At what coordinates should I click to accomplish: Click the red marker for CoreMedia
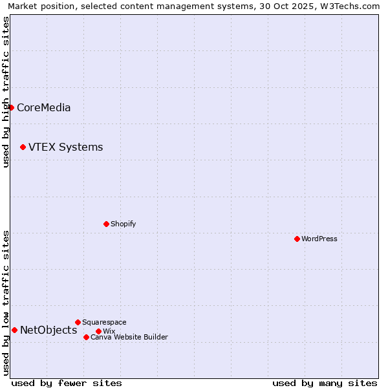[x=11, y=107]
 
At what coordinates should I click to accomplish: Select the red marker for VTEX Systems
[x=23, y=147]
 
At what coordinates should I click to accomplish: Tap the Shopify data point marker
[x=106, y=224]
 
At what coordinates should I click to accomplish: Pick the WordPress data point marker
[x=297, y=239]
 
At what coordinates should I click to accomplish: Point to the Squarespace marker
[x=78, y=322]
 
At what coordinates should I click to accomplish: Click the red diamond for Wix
[x=98, y=331]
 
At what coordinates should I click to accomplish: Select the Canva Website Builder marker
[x=86, y=337]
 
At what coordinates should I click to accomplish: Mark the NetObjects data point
[x=14, y=330]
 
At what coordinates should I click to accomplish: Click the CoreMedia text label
[x=43, y=108]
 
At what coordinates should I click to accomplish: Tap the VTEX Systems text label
[x=65, y=147]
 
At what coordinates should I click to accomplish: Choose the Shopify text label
[x=123, y=224]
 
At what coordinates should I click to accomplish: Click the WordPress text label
[x=319, y=239]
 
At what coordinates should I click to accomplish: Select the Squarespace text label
[x=104, y=322]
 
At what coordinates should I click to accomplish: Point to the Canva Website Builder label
[x=129, y=337]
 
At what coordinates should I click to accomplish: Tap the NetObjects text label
[x=48, y=330]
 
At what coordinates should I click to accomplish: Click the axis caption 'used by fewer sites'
[x=67, y=383]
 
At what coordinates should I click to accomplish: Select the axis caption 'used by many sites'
[x=325, y=383]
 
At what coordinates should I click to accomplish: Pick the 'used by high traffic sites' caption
[x=6, y=92]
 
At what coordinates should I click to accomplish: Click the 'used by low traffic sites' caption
[x=6, y=303]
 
